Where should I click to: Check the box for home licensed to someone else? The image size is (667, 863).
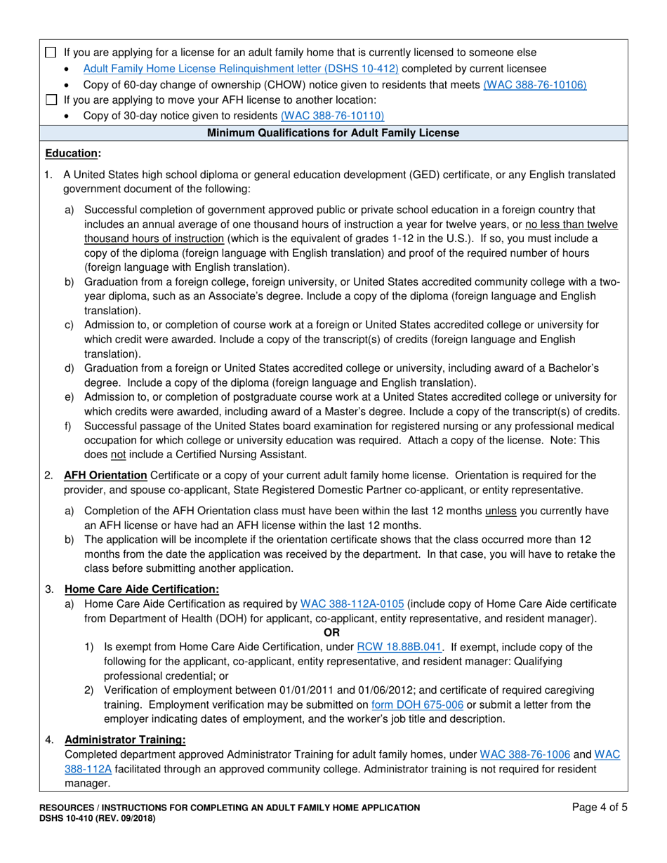[x=50, y=53]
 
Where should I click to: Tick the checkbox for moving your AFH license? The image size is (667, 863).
[x=50, y=100]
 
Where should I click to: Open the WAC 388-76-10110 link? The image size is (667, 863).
[x=332, y=116]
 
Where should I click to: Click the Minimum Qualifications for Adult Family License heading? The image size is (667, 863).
[x=333, y=133]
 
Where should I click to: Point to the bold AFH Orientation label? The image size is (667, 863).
[x=105, y=476]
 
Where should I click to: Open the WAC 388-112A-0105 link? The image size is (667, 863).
[x=352, y=604]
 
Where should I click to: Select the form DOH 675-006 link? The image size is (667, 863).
[x=417, y=704]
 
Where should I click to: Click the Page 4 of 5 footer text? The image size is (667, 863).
[x=600, y=808]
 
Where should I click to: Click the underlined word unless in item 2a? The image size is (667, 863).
[x=501, y=511]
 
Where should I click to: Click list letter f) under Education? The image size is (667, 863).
[x=68, y=427]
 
